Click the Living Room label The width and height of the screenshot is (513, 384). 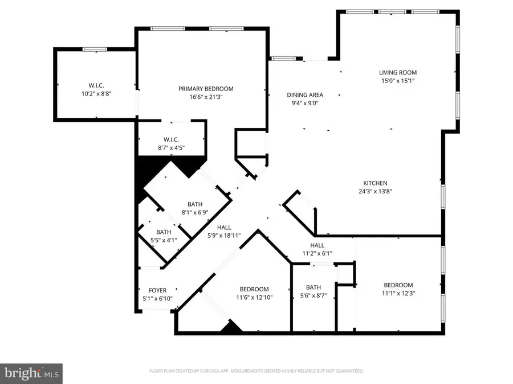[398, 72]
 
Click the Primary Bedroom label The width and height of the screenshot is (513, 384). [206, 88]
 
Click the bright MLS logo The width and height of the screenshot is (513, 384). [31, 373]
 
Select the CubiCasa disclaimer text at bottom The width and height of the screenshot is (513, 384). [255, 371]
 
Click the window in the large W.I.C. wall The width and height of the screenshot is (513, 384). [95, 49]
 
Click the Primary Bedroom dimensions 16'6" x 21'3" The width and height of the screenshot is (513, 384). [206, 97]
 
